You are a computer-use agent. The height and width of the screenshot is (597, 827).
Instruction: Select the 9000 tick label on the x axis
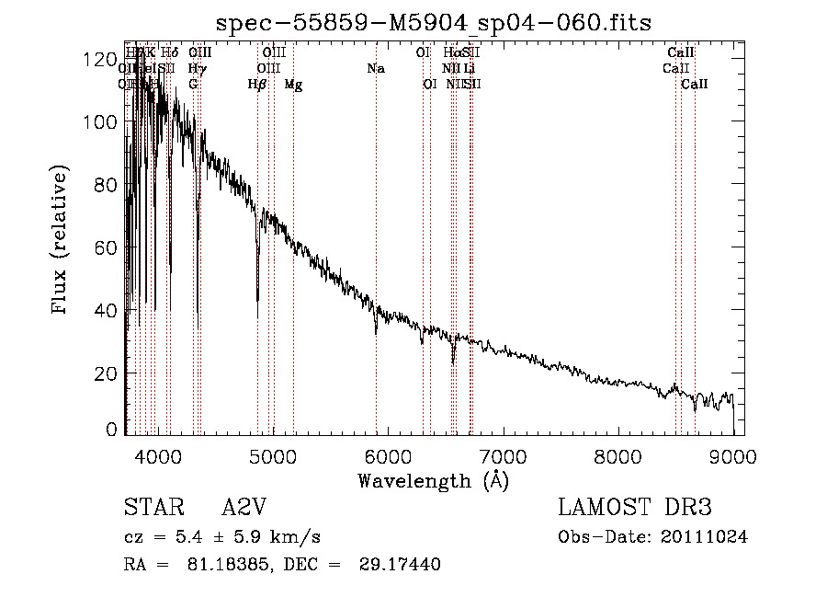732,454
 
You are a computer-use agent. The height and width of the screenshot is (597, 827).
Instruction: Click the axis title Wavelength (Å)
433,479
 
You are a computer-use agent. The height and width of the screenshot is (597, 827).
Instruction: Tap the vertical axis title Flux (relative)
62,241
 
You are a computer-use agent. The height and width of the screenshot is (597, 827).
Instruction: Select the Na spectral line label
375,69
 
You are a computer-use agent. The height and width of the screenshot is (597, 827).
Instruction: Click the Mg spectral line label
293,85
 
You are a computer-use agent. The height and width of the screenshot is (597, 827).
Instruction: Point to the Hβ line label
257,85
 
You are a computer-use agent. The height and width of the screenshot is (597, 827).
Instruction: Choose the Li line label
470,69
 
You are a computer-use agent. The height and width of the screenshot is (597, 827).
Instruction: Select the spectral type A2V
245,508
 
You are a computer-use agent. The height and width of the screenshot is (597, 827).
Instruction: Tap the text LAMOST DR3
635,508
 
